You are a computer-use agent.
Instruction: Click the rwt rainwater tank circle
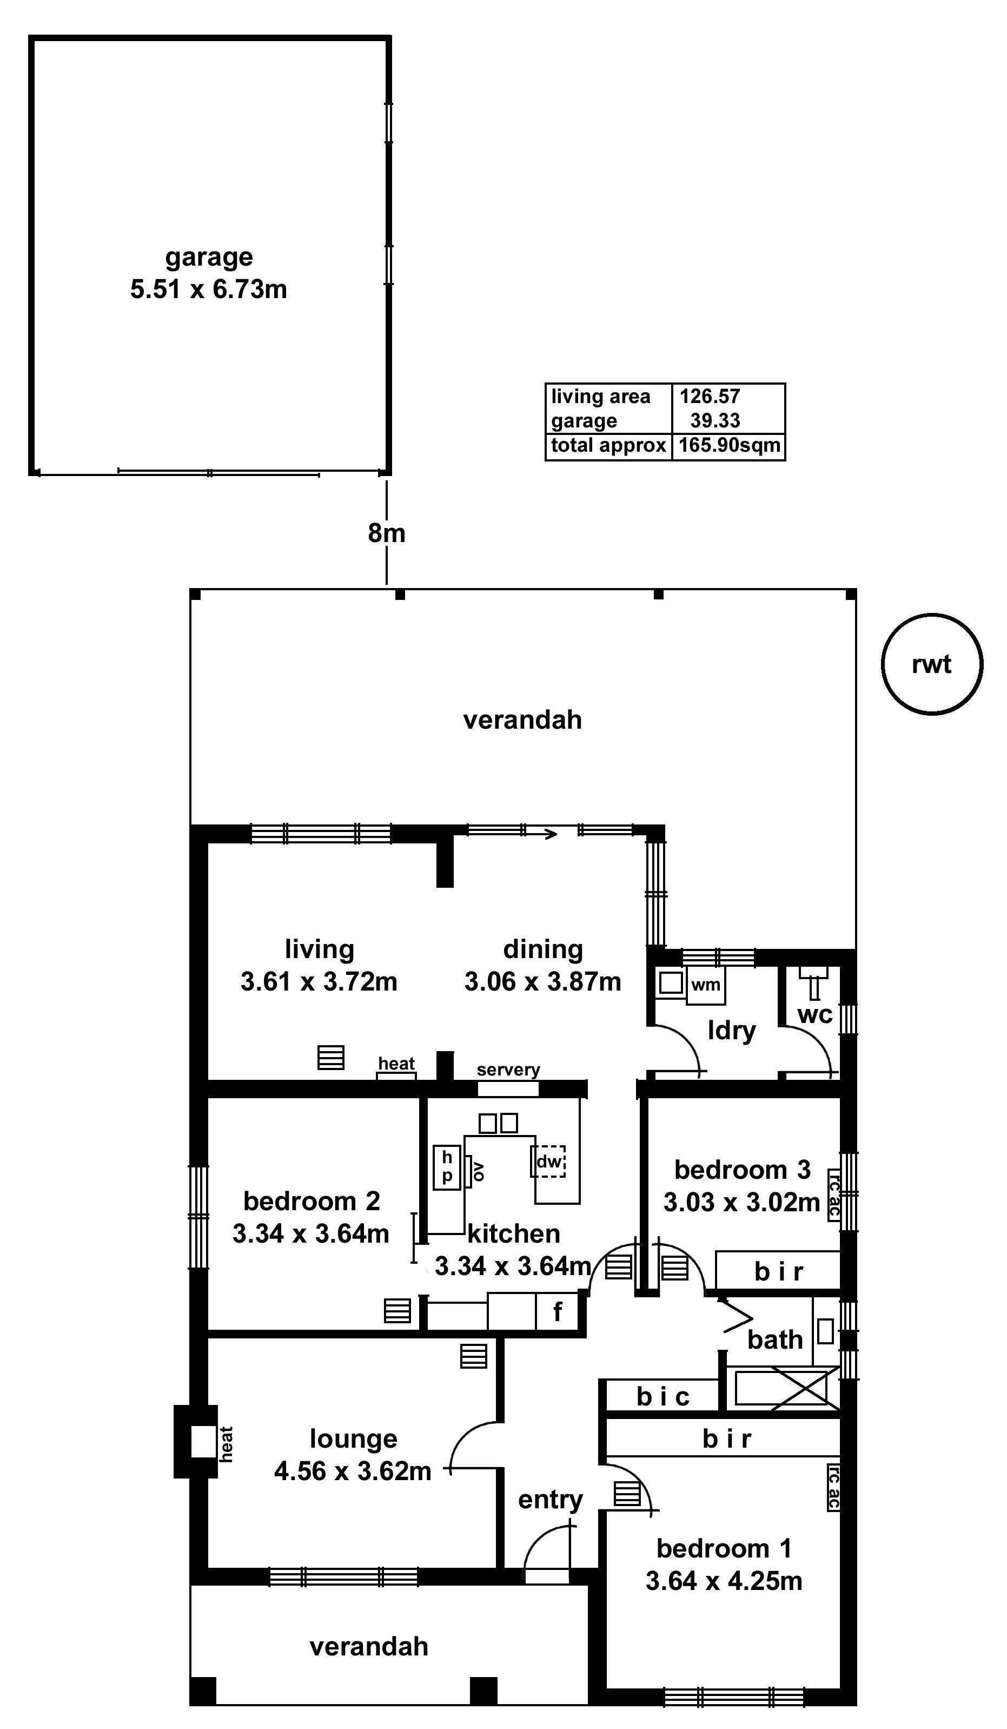(x=931, y=664)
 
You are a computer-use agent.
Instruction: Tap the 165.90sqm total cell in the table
(x=728, y=445)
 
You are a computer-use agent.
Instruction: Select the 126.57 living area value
(x=710, y=396)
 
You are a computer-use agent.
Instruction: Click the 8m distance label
(x=386, y=532)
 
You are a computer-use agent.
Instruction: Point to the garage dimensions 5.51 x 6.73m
(x=209, y=289)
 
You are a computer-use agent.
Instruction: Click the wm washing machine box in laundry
(x=705, y=985)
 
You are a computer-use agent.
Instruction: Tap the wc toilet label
(x=814, y=1015)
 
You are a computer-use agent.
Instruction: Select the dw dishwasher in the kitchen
(x=549, y=1162)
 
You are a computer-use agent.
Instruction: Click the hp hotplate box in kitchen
(x=447, y=1167)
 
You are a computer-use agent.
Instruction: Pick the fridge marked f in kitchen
(x=558, y=1312)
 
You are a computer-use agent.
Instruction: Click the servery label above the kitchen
(x=508, y=1070)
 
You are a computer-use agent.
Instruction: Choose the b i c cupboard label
(x=662, y=1396)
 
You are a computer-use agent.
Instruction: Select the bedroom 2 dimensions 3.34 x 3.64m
(x=311, y=1233)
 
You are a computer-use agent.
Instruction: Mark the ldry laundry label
(x=731, y=1031)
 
